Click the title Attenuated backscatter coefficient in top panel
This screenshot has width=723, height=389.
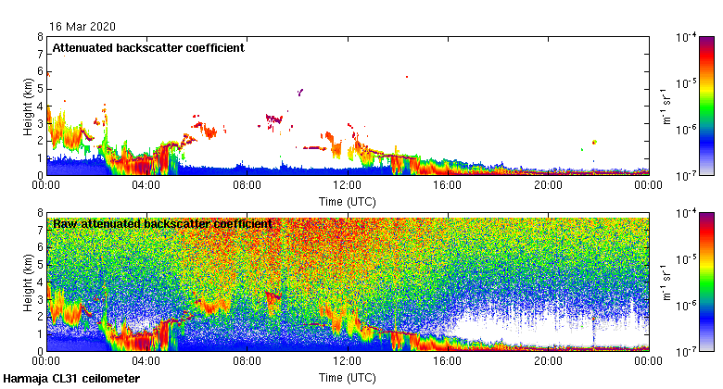tap(148, 48)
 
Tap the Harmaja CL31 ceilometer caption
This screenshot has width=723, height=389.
tap(71, 379)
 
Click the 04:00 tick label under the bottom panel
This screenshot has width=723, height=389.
tap(146, 361)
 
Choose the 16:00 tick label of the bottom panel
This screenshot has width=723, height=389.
tap(448, 361)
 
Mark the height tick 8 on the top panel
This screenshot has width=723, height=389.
tap(40, 37)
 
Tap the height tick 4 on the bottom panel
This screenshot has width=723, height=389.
tap(40, 282)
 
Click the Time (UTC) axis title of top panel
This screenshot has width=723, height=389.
tap(347, 200)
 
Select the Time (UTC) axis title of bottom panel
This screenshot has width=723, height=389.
tap(347, 377)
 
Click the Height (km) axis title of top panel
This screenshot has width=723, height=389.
tap(28, 107)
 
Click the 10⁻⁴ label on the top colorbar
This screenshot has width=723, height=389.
tap(687, 38)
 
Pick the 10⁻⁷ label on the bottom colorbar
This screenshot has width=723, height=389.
tap(687, 351)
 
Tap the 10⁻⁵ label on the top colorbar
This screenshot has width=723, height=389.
tap(687, 83)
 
